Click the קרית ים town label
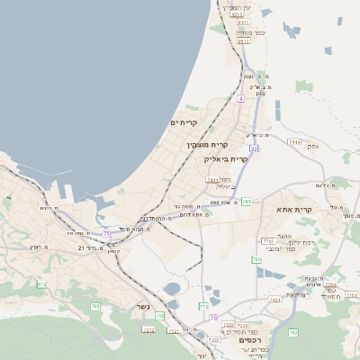(183, 122)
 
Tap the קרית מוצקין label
(208, 145)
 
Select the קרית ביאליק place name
(225, 158)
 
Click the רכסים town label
(249, 339)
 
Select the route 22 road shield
(255, 148)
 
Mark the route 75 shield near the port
(106, 234)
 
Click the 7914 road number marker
(294, 142)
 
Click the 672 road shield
(41, 284)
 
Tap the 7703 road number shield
(267, 241)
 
